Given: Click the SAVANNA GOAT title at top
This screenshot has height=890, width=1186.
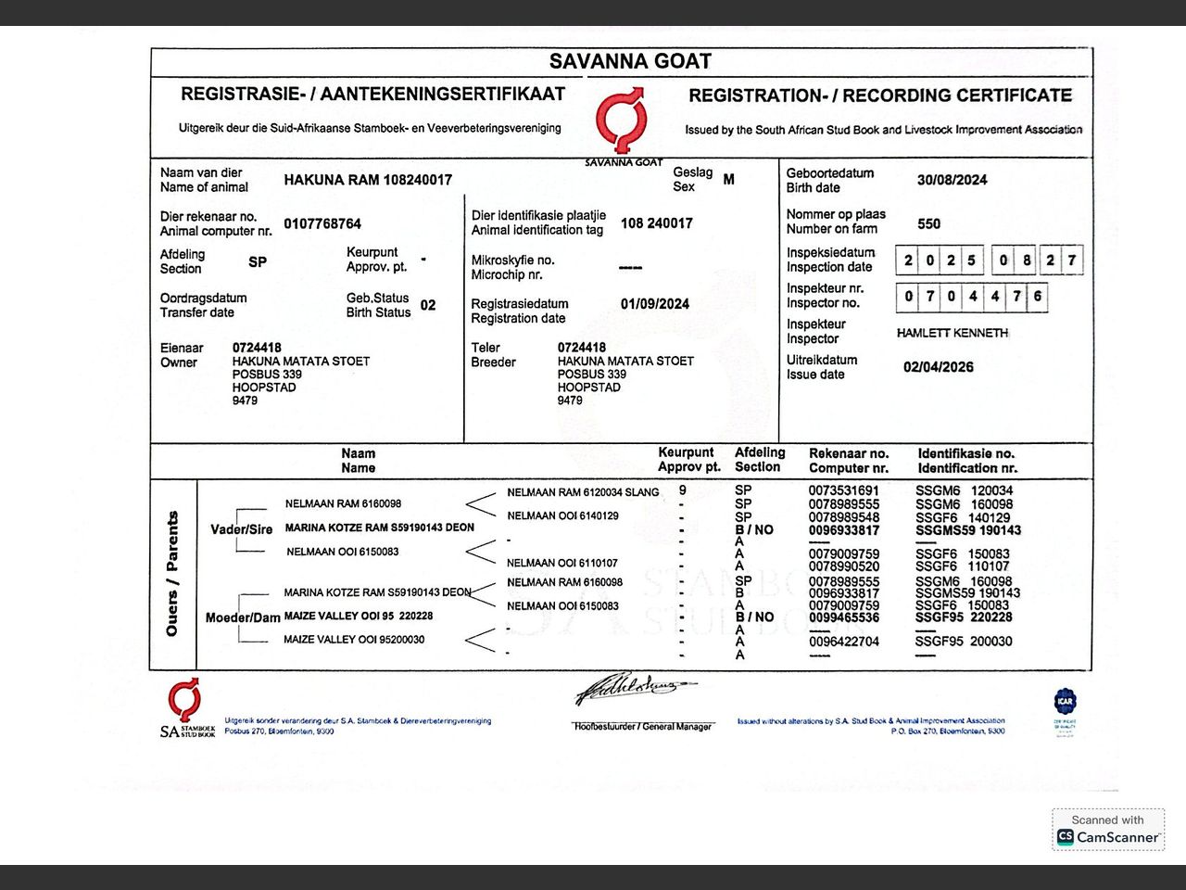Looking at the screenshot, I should pyautogui.click(x=630, y=62).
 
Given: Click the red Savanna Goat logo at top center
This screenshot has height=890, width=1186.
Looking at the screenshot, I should pyautogui.click(x=620, y=121).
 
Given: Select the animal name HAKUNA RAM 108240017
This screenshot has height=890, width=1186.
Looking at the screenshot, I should pyautogui.click(x=368, y=180).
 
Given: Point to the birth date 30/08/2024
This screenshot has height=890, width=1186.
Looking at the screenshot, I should pyautogui.click(x=952, y=180).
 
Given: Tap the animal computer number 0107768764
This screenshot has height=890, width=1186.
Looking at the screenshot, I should pyautogui.click(x=322, y=223).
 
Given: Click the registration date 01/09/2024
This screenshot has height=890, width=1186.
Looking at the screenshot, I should pyautogui.click(x=654, y=304).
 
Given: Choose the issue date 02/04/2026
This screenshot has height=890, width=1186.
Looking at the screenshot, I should pyautogui.click(x=938, y=367).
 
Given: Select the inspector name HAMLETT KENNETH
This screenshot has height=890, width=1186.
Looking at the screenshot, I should pyautogui.click(x=952, y=333).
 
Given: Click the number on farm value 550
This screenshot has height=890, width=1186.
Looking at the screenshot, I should pyautogui.click(x=928, y=223).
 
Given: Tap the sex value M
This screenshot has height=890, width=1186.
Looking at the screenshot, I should pyautogui.click(x=728, y=180).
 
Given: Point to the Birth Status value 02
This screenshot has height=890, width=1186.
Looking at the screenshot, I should pyautogui.click(x=428, y=305).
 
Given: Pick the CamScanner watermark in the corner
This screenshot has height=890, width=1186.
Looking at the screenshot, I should pyautogui.click(x=1108, y=830).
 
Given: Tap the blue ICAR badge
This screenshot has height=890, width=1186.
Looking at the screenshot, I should pyautogui.click(x=1065, y=701).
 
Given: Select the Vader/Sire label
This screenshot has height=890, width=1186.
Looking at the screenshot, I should pyautogui.click(x=241, y=529).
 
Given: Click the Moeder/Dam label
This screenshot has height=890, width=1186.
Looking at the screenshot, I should pyautogui.click(x=243, y=617).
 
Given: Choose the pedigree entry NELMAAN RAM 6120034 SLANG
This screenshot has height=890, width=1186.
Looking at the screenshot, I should pyautogui.click(x=583, y=492).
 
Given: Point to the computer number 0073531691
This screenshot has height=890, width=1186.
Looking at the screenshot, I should pyautogui.click(x=843, y=490).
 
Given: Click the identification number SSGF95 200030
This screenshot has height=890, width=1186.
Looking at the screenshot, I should pyautogui.click(x=964, y=642).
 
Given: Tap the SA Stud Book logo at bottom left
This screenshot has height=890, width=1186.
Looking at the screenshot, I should pyautogui.click(x=185, y=708).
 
